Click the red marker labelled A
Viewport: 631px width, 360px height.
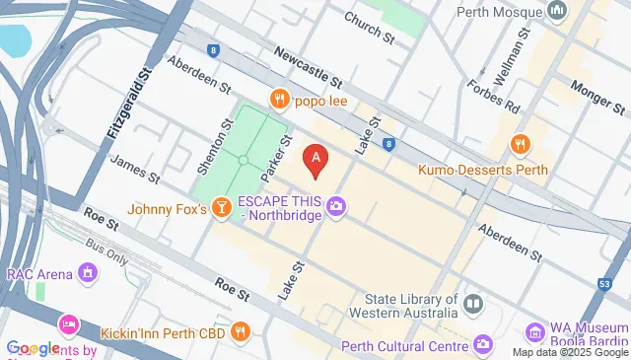(315, 159)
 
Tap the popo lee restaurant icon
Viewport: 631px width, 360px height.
(280, 99)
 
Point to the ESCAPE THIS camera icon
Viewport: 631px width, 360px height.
(337, 206)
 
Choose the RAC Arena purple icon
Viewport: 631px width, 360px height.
(89, 271)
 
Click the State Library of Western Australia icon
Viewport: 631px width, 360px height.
(474, 302)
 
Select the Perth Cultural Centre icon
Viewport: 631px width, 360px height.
(482, 344)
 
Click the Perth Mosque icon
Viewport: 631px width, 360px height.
(557, 12)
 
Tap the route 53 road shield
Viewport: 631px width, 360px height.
(603, 285)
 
